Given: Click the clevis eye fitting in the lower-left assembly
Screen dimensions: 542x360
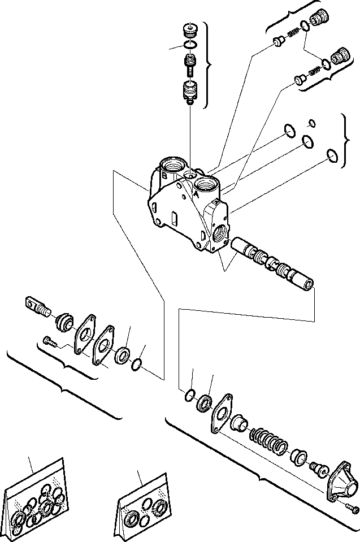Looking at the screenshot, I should tap(36, 307).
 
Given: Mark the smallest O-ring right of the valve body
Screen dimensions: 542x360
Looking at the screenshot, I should tap(311, 123).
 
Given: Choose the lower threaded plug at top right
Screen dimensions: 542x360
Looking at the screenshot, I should tap(340, 57).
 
